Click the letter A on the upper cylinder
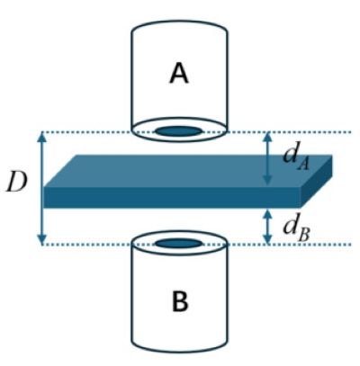click(x=179, y=74)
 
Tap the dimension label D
click(x=17, y=183)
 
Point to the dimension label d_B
click(x=296, y=231)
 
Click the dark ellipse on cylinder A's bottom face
click(x=178, y=131)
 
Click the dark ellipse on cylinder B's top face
click(x=178, y=243)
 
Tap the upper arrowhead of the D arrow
click(x=42, y=137)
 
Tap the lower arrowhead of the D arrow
click(x=42, y=239)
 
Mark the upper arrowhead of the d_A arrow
click(x=267, y=137)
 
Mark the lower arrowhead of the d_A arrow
click(x=267, y=180)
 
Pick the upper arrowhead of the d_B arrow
click(x=267, y=215)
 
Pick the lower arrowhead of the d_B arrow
click(x=267, y=239)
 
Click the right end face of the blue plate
click(x=316, y=181)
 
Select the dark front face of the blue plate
click(x=172, y=197)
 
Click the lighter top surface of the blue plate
click(x=187, y=171)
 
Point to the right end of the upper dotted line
click(x=351, y=132)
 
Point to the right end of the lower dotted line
click(x=351, y=245)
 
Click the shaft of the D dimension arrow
click(x=42, y=188)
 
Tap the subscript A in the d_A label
click(x=303, y=165)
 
